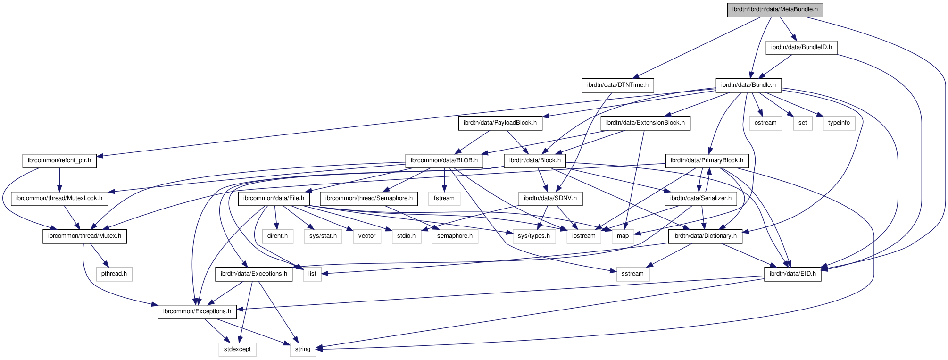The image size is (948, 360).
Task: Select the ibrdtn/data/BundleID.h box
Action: click(x=801, y=47)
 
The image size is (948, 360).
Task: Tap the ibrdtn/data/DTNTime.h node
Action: click(x=617, y=85)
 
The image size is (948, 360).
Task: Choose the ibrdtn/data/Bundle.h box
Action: click(x=748, y=85)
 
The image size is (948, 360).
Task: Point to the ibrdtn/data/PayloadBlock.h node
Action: click(x=500, y=123)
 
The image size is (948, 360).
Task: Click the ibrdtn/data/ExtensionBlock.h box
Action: click(x=645, y=123)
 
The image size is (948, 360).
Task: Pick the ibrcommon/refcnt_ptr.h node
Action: click(x=59, y=161)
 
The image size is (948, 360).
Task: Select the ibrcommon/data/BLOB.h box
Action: click(x=444, y=161)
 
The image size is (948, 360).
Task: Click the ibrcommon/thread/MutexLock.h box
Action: click(x=59, y=199)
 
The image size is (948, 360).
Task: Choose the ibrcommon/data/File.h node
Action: click(x=274, y=199)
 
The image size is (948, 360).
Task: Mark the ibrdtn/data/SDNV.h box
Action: click(x=550, y=199)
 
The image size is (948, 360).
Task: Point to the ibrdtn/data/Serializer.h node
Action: click(x=700, y=199)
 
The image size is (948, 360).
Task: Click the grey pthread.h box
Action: click(x=114, y=274)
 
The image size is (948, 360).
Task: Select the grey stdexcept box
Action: click(x=237, y=350)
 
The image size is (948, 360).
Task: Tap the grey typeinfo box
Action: click(x=839, y=123)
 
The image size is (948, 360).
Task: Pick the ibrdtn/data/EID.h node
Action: click(x=792, y=274)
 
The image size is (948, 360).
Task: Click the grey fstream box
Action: click(x=444, y=199)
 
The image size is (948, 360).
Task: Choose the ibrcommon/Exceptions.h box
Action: click(x=197, y=312)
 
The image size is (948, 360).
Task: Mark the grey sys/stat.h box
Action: click(x=323, y=236)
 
